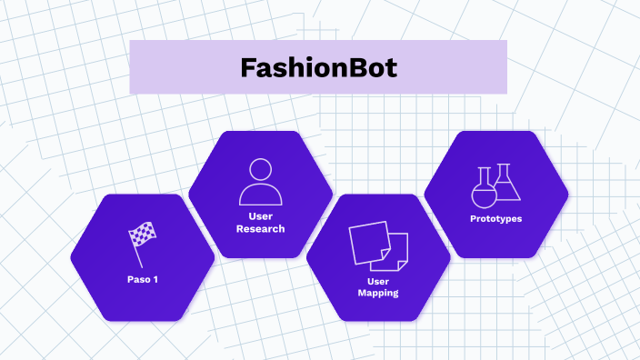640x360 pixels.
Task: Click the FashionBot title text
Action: pos(318,68)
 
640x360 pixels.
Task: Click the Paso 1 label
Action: pos(143,279)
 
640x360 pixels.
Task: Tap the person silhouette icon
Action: pos(260,182)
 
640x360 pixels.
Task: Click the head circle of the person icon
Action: pos(260,169)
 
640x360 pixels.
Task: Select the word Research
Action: pos(260,229)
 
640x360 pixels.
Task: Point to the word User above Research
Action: pos(260,216)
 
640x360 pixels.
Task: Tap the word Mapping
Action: pos(378,294)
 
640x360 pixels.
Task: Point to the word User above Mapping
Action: pos(378,282)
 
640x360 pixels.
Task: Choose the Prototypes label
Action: pos(495,219)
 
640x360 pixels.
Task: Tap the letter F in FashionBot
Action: pos(247,68)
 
